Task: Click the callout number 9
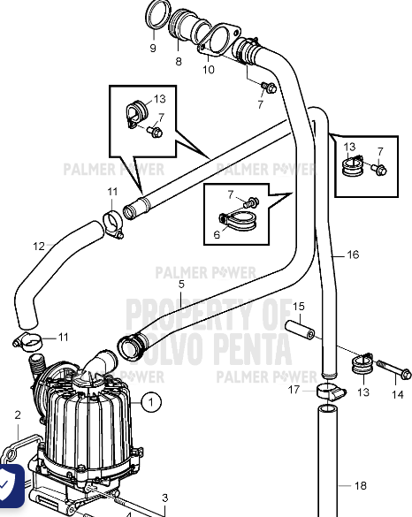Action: tap(152, 48)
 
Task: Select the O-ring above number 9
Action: tap(156, 16)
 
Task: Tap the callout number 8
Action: tap(178, 61)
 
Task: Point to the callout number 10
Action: tap(209, 69)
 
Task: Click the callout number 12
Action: tap(38, 246)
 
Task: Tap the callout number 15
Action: tap(298, 306)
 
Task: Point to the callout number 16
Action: tap(353, 255)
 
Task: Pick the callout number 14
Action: tap(397, 394)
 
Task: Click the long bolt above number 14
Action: tap(390, 363)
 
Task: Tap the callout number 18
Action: tap(359, 485)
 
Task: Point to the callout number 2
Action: tap(17, 414)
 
